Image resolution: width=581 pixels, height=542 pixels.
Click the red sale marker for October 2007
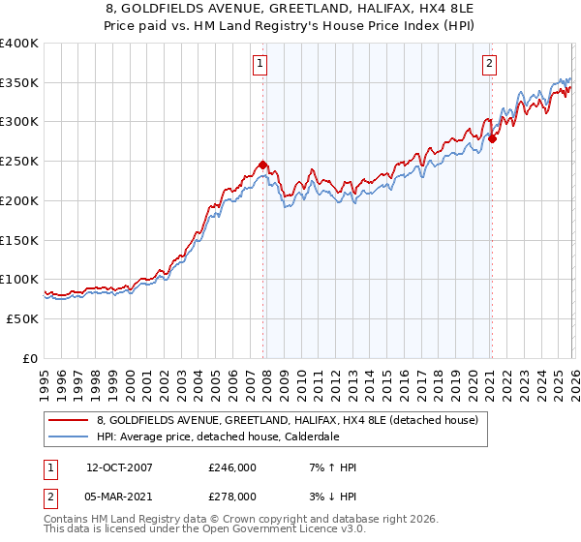coord(262,165)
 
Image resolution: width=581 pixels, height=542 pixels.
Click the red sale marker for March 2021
coord(492,139)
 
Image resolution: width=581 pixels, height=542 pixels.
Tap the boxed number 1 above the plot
coord(261,65)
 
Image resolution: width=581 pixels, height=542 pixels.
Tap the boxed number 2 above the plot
coord(490,65)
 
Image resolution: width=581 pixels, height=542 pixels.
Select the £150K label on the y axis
coord(19,239)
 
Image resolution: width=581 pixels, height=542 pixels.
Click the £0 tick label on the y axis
coord(29,358)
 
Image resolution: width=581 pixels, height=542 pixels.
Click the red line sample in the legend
coord(71,420)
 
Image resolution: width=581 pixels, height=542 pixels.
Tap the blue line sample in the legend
coord(71,437)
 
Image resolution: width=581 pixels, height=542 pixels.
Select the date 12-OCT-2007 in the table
coord(119,467)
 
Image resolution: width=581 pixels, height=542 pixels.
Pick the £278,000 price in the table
coord(232,497)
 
